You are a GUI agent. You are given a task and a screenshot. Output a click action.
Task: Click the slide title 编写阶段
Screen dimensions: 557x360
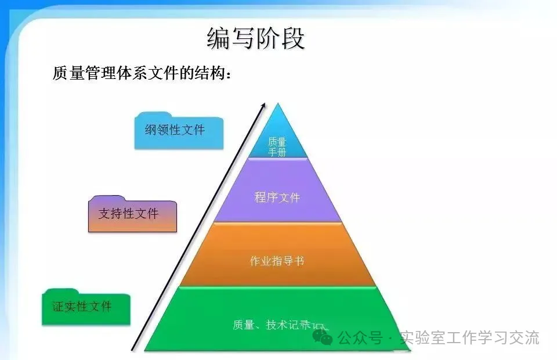click(256, 38)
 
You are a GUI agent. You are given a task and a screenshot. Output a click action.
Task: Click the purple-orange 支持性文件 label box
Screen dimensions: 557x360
click(131, 214)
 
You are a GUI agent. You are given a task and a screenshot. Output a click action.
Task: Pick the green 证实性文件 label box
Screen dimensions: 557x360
click(85, 306)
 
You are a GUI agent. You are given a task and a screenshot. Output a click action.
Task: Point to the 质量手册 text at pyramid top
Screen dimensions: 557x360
click(277, 146)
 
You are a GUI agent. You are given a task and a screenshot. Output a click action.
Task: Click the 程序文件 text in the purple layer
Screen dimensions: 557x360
click(277, 197)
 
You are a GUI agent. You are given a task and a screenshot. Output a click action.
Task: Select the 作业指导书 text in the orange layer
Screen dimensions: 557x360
click(277, 261)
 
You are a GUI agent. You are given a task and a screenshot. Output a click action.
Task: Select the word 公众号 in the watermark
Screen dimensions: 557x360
click(360, 338)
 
